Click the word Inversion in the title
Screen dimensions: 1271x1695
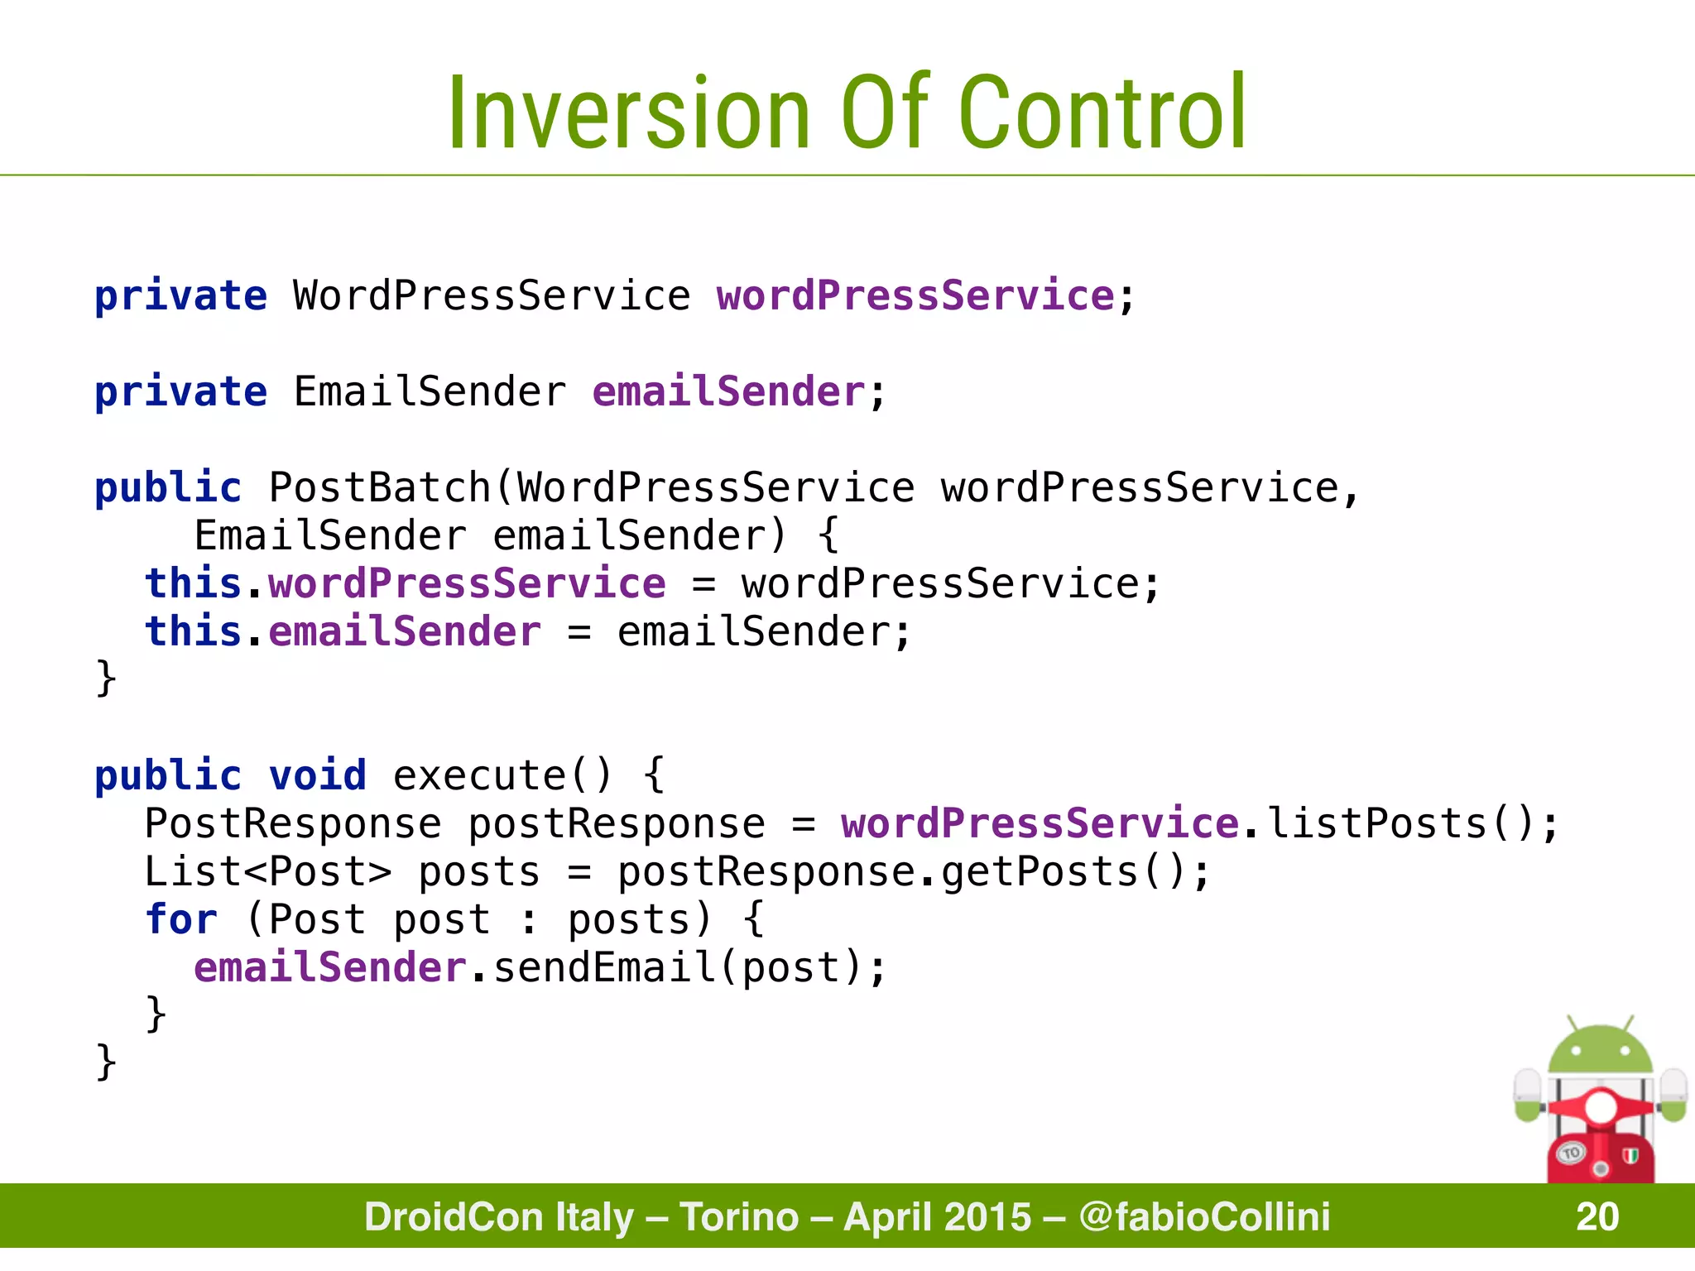628,113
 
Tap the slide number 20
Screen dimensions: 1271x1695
1597,1216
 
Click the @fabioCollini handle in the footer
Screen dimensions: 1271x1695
1204,1216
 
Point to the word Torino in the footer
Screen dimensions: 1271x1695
739,1216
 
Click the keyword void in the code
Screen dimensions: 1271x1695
317,775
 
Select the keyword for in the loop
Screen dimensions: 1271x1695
180,919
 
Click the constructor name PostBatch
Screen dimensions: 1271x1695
380,487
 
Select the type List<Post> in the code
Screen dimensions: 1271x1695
267,871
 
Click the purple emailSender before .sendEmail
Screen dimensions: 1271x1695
330,967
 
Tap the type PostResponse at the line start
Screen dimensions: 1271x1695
293,823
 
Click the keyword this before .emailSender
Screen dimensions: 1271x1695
193,631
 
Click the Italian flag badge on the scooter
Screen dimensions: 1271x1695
1630,1156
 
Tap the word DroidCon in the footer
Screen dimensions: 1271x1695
499,1216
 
